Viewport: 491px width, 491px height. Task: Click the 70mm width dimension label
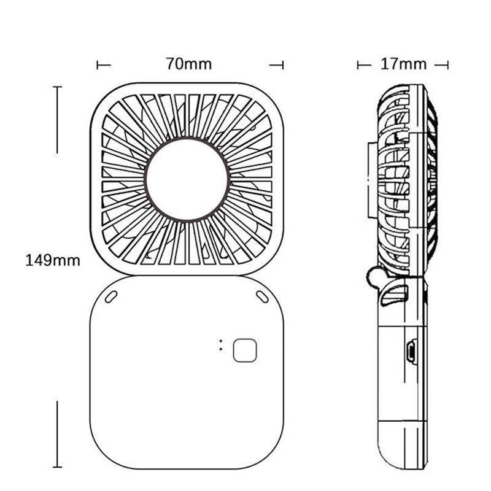189,64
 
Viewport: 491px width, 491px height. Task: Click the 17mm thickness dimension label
403,64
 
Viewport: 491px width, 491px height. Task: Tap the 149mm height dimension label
53,260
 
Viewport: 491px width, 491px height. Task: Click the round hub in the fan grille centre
187,179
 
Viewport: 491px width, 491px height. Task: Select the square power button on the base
245,350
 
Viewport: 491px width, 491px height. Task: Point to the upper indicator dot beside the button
221,341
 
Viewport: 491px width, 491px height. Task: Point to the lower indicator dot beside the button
221,349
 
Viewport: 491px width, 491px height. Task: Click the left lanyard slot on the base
111,296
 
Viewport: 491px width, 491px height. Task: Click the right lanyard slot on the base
263,296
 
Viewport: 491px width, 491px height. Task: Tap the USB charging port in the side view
411,352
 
